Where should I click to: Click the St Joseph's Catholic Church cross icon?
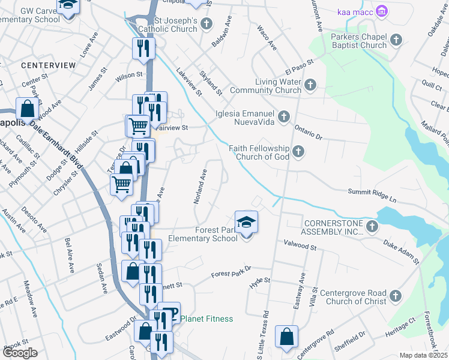click(206, 24)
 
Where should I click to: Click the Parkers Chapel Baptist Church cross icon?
click(396, 40)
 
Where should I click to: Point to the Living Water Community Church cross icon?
click(310, 85)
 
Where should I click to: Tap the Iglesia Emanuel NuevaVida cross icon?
click(284, 116)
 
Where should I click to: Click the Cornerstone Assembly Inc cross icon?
click(372, 226)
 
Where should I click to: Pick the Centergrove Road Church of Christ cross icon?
click(396, 296)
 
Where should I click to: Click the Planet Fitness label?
click(206, 319)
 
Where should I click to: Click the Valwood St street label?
click(300, 245)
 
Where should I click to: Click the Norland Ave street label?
click(200, 186)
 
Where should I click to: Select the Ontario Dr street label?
click(308, 132)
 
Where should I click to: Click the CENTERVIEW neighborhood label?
click(48, 64)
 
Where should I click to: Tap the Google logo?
click(20, 352)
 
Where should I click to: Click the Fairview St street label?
click(172, 128)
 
